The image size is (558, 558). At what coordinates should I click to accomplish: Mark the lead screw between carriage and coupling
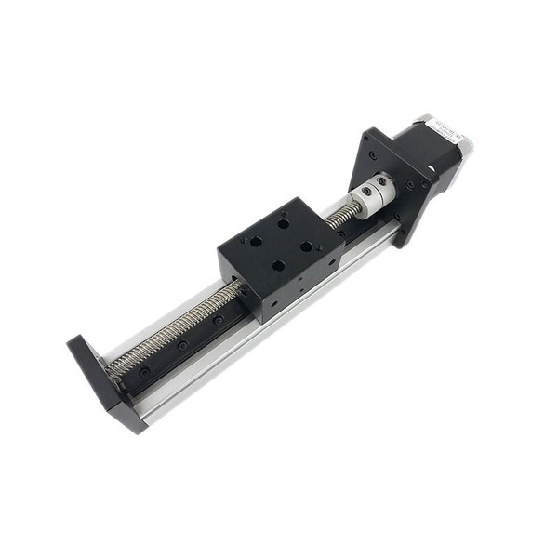click(x=341, y=216)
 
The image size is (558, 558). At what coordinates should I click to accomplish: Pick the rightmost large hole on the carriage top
click(x=308, y=246)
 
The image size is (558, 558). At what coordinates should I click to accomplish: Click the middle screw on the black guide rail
click(x=183, y=345)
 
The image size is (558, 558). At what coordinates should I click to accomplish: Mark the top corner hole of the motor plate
click(x=372, y=137)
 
